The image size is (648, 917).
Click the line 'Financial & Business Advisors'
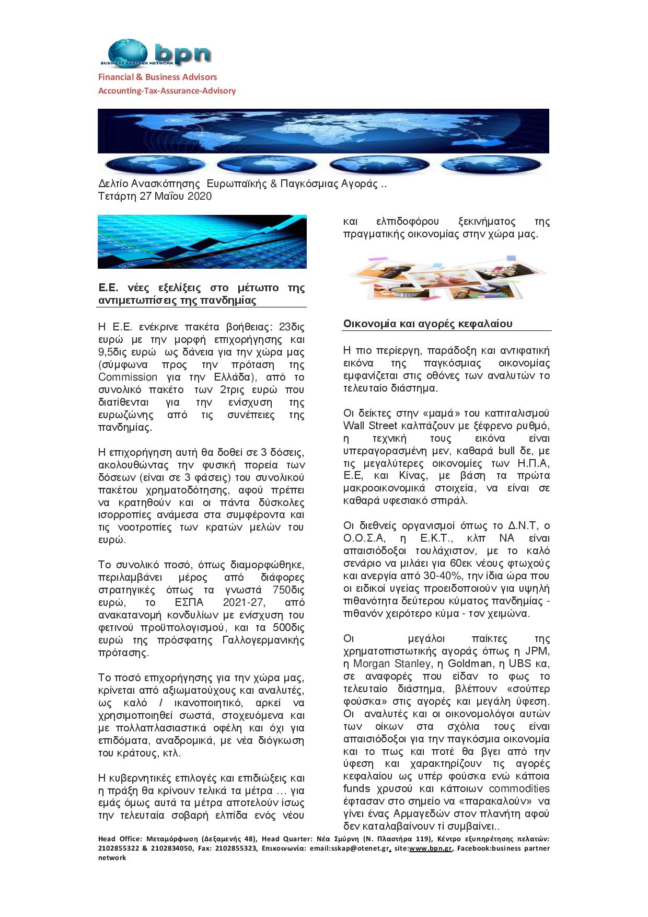point(158,77)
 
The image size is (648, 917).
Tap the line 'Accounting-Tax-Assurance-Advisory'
point(167,90)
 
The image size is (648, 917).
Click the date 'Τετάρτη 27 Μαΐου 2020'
point(155,197)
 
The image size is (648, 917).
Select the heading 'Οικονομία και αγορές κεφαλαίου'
point(427,324)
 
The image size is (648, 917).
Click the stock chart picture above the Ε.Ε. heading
point(202,242)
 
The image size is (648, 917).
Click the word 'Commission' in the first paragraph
point(128,377)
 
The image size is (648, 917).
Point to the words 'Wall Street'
point(368,426)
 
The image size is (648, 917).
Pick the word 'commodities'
point(519,788)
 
